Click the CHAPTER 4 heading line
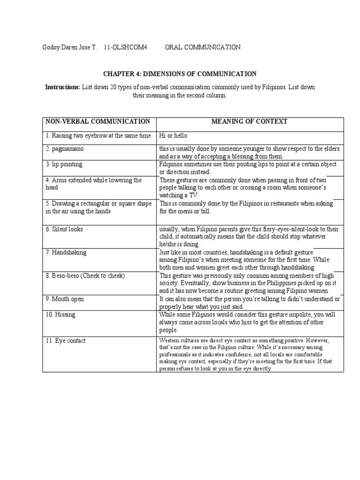[x=180, y=74]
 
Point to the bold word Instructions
[x=62, y=87]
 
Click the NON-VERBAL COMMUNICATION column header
[x=97, y=122]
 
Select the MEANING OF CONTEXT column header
[x=249, y=122]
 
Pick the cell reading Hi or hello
[x=174, y=136]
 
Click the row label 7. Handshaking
[x=66, y=253]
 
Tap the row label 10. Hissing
[x=61, y=315]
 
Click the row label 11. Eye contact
[x=66, y=341]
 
